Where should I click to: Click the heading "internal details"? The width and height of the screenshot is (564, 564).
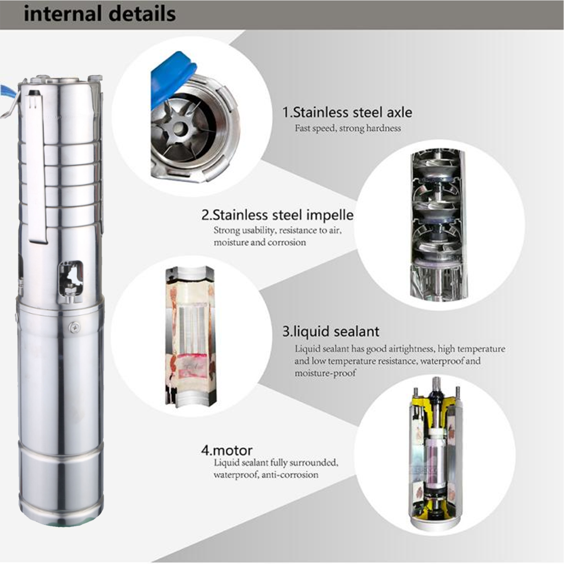pyautogui.click(x=99, y=14)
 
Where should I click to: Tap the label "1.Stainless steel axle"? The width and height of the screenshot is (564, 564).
pyautogui.click(x=347, y=112)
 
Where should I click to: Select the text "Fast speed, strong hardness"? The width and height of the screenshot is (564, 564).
pyautogui.click(x=348, y=128)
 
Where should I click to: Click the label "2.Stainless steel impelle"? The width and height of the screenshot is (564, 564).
pyautogui.click(x=277, y=215)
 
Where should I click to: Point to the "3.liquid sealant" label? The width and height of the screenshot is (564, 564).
pyautogui.click(x=331, y=332)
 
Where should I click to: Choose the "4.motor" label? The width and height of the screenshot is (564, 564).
pyautogui.click(x=227, y=450)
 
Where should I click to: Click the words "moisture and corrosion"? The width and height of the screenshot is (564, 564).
pyautogui.click(x=260, y=243)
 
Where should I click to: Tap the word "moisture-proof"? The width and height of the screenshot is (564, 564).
pyautogui.click(x=325, y=373)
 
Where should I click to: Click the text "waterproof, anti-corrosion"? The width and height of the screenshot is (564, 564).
pyautogui.click(x=266, y=475)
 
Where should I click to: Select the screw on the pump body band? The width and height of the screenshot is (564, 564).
pyautogui.click(x=74, y=327)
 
